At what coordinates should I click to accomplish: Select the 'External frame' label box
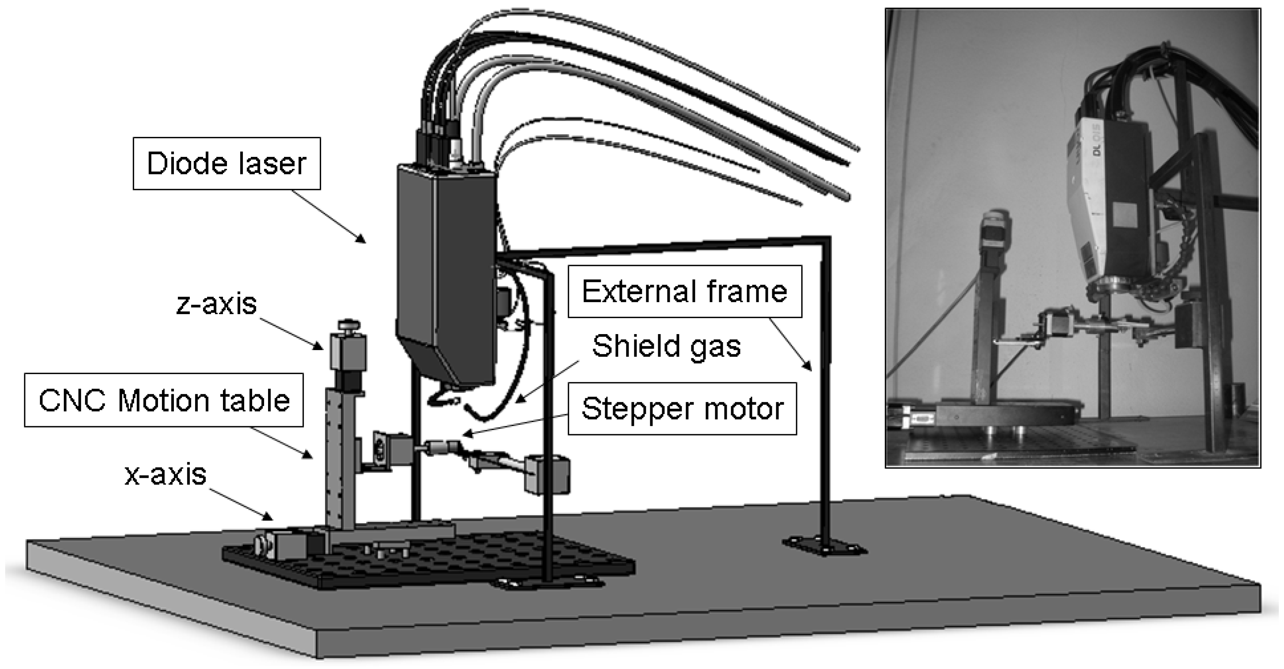[684, 291]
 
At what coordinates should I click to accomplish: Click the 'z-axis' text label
[216, 303]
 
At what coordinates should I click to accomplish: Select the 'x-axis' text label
[165, 475]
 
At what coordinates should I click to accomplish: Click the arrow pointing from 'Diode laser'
[329, 216]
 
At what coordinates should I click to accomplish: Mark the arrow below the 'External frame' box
[790, 344]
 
